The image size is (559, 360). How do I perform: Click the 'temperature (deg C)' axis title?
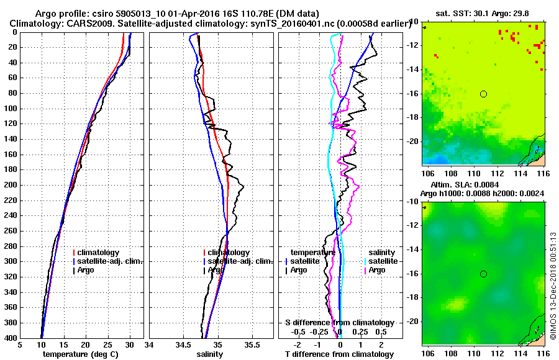[80, 354]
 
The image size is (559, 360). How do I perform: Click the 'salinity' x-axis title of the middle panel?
[210, 354]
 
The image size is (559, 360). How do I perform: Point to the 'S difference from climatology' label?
[339, 323]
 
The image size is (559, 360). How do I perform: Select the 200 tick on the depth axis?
[12, 185]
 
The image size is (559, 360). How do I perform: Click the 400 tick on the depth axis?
[12, 338]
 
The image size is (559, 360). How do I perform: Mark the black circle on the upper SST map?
[483, 94]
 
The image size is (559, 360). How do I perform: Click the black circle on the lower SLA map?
[483, 274]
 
